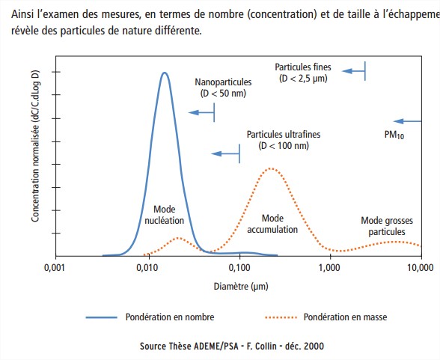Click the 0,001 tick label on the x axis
(55, 268)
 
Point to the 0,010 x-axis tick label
(147, 268)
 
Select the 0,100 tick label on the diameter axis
(239, 268)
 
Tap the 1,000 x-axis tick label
(329, 268)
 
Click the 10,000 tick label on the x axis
(421, 268)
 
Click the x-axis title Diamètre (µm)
(241, 287)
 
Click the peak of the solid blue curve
(165, 73)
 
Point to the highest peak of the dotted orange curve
(271, 168)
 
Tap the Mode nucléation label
(165, 215)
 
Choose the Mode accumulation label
(272, 224)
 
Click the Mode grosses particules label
(387, 226)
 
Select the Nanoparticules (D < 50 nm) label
(223, 88)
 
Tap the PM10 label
(394, 135)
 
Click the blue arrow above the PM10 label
(407, 121)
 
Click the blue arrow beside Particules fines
(353, 71)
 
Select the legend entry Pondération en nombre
(150, 317)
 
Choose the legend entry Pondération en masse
(326, 317)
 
